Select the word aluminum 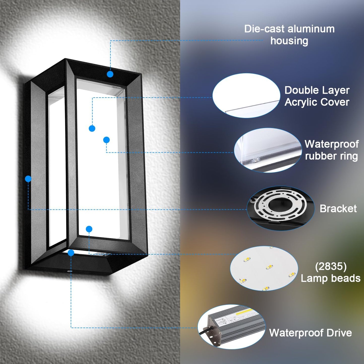click(311, 29)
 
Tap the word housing click(289, 41)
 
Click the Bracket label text click(338, 209)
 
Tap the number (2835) click(331, 267)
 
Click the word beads click(344, 278)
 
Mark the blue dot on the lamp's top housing click(110, 74)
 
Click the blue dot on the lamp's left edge click(28, 179)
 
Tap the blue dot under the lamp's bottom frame click(71, 253)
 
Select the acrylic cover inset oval click(246, 95)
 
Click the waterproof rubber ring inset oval click(268, 150)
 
